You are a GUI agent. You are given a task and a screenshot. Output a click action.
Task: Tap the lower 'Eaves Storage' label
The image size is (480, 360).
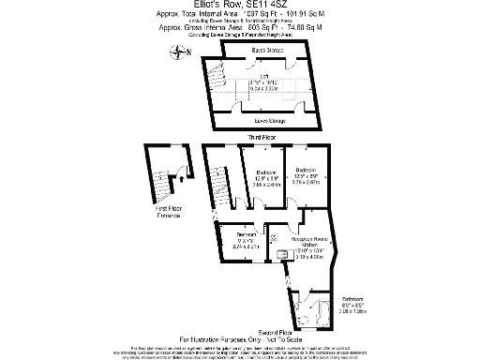tap(269, 121)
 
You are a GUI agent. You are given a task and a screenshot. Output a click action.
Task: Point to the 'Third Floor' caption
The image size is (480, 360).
tap(264, 138)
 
